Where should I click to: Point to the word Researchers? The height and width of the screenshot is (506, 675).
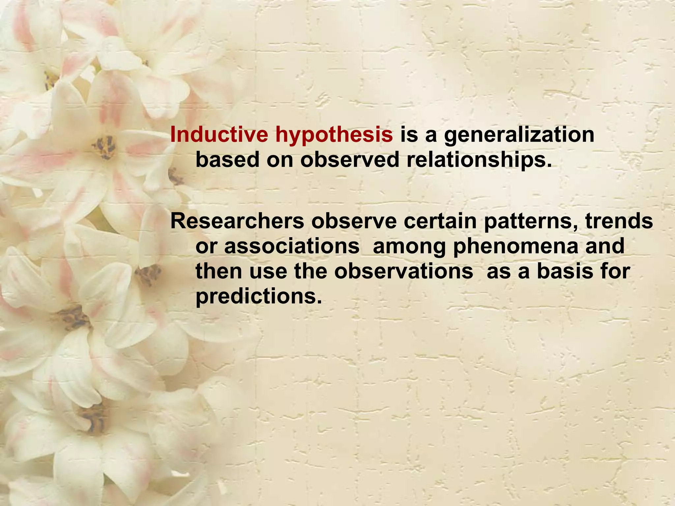pos(237,221)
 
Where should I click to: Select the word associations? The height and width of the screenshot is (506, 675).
pos(292,246)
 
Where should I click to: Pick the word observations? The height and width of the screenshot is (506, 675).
pos(403,272)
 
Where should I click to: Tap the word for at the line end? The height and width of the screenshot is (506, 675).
pos(615,272)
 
